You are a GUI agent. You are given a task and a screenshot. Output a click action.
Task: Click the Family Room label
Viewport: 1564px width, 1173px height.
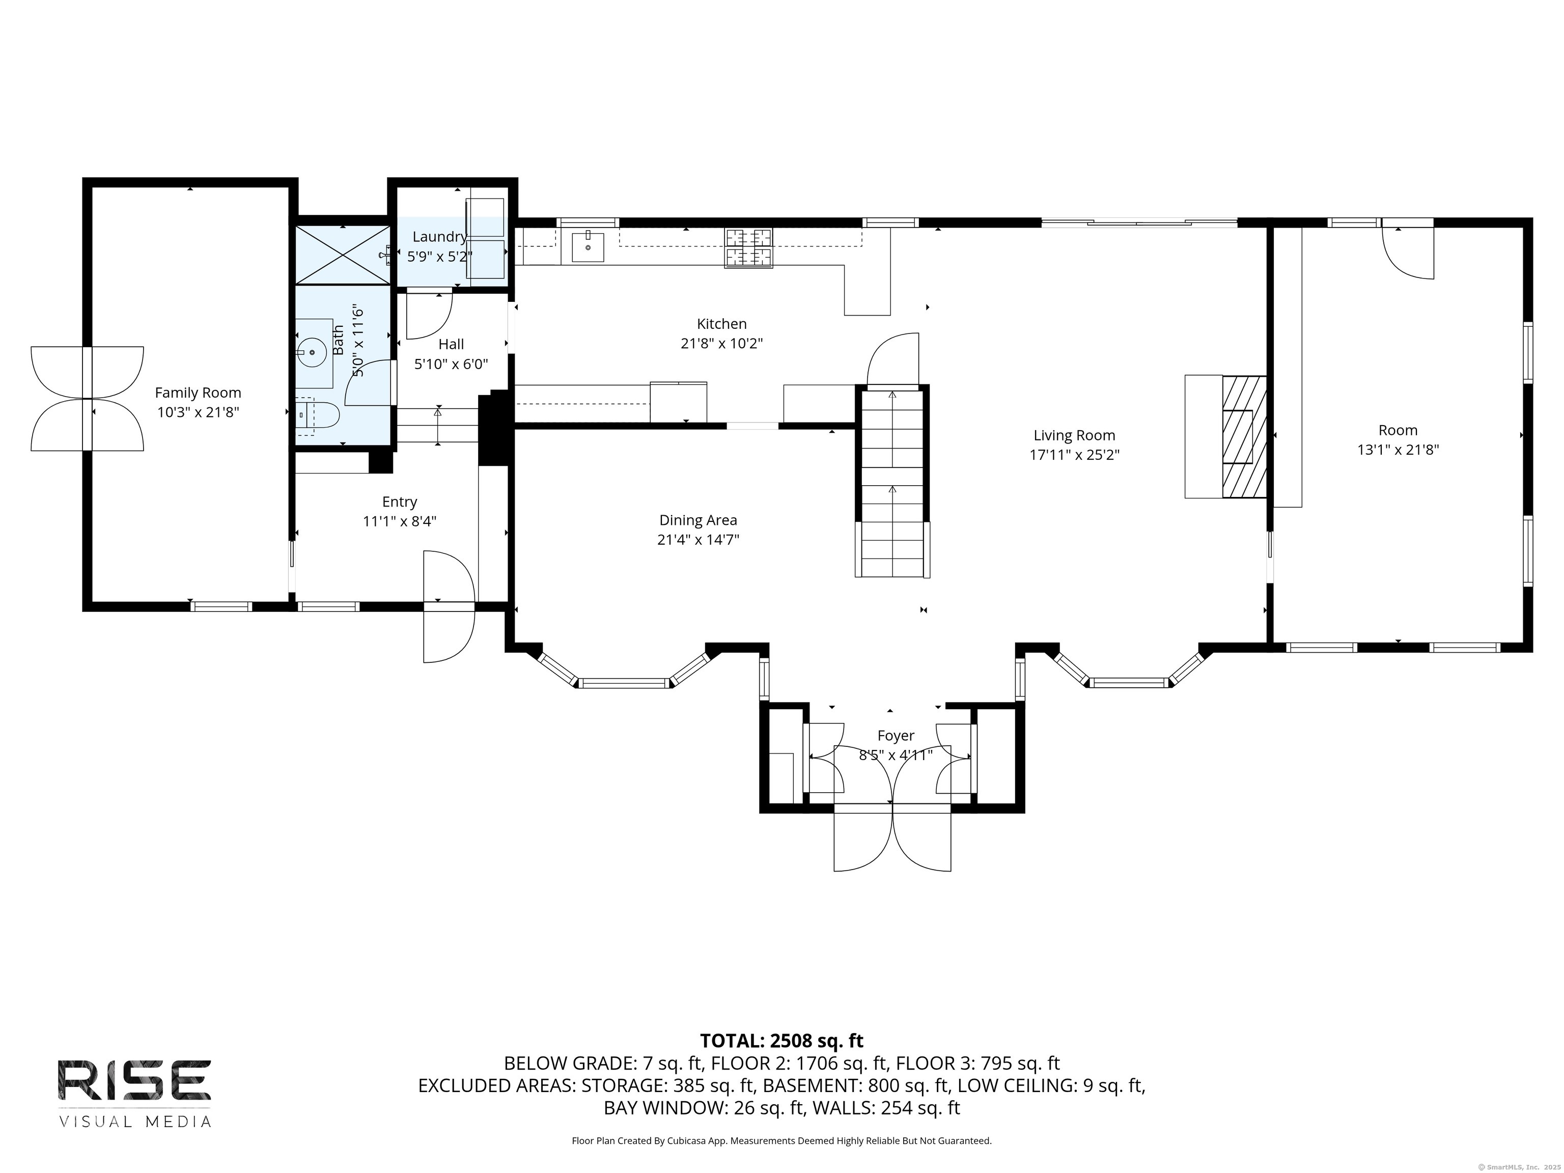(198, 393)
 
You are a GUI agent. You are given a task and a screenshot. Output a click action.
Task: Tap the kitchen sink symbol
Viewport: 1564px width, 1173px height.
(587, 247)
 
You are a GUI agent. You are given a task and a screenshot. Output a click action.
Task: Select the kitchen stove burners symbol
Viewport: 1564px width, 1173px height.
(748, 247)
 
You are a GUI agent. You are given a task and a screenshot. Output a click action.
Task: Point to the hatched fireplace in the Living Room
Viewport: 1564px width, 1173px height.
(1244, 437)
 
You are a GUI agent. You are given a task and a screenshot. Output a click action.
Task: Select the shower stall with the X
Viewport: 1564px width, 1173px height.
(342, 255)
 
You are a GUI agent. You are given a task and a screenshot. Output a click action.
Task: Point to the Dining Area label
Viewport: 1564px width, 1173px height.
(698, 520)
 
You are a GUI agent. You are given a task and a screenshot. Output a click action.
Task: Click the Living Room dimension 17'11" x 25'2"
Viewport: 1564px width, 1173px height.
(1074, 455)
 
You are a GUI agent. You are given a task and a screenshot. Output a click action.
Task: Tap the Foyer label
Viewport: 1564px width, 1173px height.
(896, 735)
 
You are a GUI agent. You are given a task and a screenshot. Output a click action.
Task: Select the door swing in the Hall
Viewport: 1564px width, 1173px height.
(429, 315)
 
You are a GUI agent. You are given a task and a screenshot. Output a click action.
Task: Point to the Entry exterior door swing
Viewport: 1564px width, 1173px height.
(448, 607)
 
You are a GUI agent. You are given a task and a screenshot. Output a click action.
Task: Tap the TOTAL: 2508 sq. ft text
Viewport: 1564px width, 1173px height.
(781, 1041)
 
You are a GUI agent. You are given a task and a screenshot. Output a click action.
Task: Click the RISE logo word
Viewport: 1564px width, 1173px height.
(134, 1080)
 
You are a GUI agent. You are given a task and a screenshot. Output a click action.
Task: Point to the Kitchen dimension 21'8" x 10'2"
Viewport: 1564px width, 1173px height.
(721, 344)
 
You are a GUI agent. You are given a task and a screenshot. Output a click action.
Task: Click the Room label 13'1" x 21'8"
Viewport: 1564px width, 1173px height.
(1398, 450)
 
